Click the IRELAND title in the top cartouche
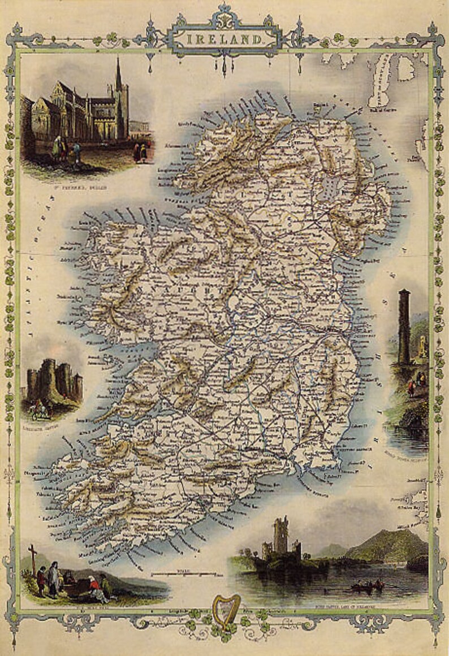[x=225, y=40]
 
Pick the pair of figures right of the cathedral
[x=140, y=151]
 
